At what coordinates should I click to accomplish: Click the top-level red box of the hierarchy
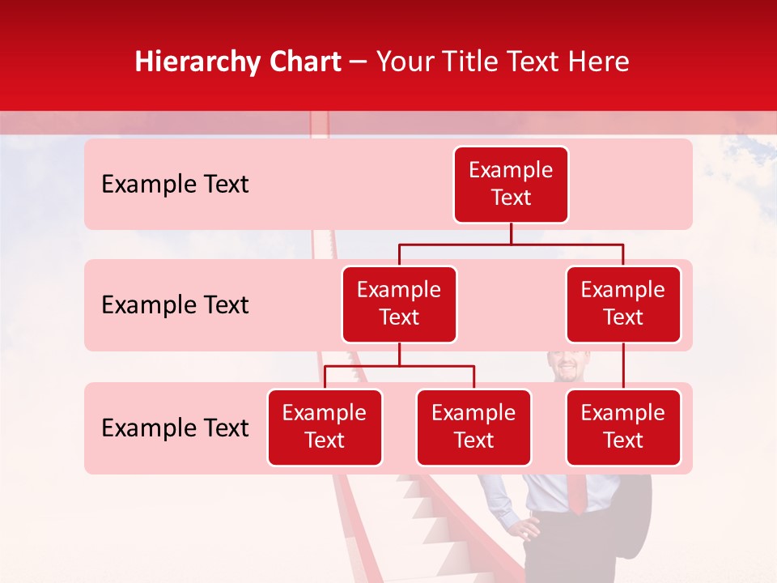(x=511, y=185)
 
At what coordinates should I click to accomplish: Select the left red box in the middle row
(x=399, y=304)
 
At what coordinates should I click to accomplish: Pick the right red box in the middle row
(x=623, y=304)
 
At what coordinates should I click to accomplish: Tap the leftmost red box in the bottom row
(x=325, y=428)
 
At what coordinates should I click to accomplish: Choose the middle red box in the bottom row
(x=473, y=428)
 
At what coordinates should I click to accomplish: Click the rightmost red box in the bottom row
(x=623, y=428)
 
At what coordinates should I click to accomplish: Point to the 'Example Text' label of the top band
(x=175, y=185)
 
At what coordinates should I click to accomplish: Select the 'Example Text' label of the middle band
(x=175, y=305)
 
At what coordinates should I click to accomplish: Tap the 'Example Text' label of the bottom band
(x=175, y=428)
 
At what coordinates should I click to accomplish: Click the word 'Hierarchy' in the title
(x=196, y=62)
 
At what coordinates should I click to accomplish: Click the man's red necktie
(x=575, y=493)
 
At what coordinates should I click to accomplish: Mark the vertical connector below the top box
(x=511, y=233)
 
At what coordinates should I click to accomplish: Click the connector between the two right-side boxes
(x=623, y=366)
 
